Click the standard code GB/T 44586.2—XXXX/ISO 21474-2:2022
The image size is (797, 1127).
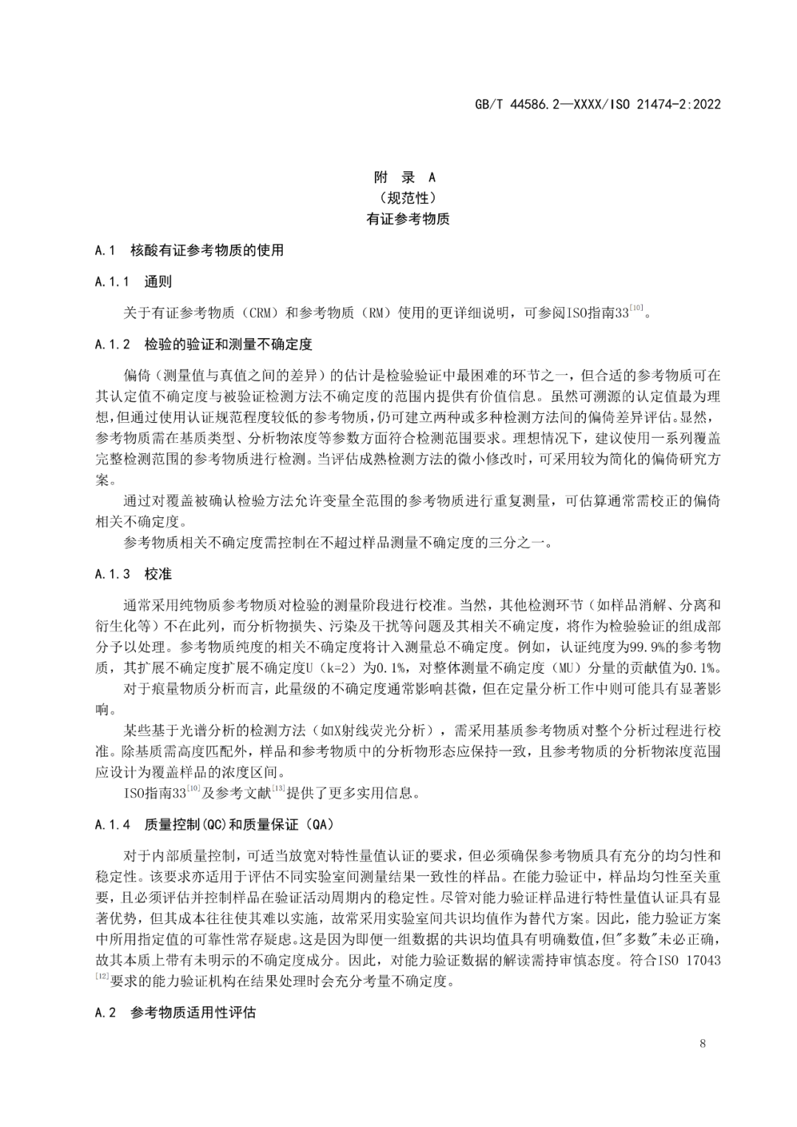[x=597, y=104]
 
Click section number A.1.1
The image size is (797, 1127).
[x=112, y=282]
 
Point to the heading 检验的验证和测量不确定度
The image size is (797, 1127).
[x=229, y=345]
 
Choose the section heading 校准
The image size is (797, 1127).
[x=158, y=574]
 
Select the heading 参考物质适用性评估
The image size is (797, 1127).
[x=193, y=1013]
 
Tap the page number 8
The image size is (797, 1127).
[x=702, y=1044]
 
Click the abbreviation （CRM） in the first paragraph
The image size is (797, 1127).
[x=260, y=313]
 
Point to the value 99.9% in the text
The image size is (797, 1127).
[x=645, y=647]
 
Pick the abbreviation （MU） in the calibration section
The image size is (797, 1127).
[x=569, y=669]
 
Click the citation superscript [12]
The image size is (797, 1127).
[x=102, y=976]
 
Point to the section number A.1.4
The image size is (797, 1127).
[x=112, y=825]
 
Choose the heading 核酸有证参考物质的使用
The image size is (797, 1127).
[x=207, y=251]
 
